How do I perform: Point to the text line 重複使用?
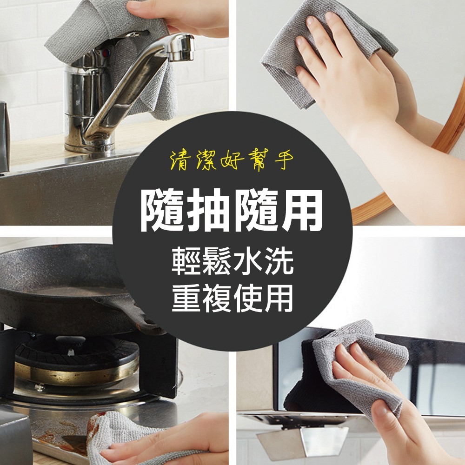click(232, 298)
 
